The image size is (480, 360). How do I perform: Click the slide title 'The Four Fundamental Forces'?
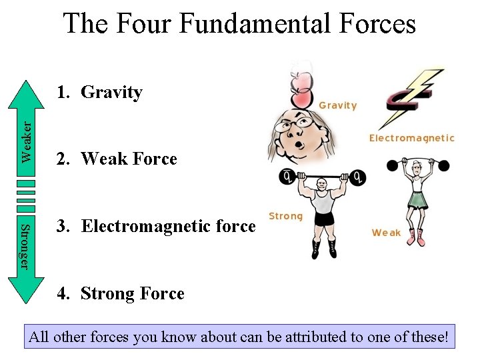point(239,24)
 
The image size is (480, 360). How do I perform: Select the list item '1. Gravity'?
point(99,92)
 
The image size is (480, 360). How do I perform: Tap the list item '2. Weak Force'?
point(117,159)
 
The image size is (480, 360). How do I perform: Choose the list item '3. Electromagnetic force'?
point(156,227)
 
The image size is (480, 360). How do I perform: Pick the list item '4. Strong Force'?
point(120,293)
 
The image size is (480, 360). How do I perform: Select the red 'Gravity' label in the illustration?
point(338,105)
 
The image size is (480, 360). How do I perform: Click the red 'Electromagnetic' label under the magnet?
point(411,138)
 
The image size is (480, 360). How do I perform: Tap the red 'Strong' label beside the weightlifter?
point(285,216)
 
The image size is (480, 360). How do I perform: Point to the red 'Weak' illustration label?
point(386,233)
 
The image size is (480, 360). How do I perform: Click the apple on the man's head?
point(301,91)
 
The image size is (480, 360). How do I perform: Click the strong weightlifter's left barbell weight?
point(288,177)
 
